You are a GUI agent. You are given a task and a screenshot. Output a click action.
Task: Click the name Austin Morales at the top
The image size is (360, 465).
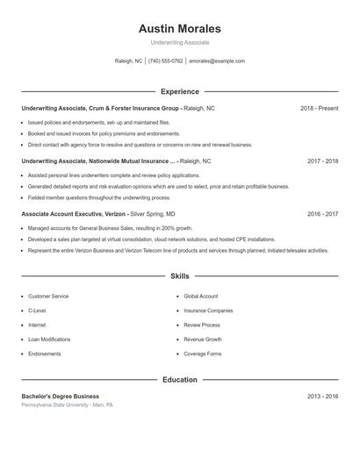180,29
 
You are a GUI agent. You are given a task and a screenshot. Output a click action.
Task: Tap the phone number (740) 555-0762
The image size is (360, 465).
165,61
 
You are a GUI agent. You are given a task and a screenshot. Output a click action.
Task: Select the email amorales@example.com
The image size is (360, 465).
217,61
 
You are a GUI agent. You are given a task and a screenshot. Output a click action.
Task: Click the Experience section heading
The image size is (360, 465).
180,91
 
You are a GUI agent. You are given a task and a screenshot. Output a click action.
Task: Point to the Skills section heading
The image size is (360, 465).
180,276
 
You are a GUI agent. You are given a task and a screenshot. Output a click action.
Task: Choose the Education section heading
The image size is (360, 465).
180,380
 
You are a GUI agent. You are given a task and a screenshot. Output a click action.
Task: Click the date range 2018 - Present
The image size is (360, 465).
319,108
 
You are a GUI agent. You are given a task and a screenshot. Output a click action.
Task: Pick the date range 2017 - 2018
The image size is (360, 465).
323,161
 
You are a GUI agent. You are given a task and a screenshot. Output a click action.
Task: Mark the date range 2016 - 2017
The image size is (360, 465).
323,214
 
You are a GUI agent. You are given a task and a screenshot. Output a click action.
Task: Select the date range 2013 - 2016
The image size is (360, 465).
323,397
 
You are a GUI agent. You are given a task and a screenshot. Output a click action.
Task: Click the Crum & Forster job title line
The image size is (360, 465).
118,108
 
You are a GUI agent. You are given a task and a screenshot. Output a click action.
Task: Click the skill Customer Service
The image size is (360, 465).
48,297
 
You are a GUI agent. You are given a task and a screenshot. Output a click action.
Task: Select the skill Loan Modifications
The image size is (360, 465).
49,340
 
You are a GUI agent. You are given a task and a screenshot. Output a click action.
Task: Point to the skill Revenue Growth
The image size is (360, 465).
203,340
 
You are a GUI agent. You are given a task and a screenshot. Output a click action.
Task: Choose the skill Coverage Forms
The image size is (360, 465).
202,354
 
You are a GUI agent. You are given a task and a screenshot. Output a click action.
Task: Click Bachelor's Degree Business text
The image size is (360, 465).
61,397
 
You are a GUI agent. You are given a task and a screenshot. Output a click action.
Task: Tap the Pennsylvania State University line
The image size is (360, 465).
68,405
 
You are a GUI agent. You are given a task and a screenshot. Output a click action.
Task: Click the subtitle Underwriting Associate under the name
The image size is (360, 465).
180,42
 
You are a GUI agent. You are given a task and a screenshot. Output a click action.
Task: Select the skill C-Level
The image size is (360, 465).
37,311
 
